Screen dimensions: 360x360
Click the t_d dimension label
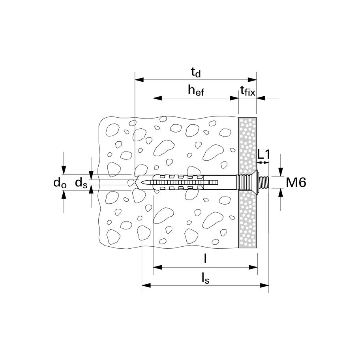(196, 73)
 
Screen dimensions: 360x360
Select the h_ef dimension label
(196, 90)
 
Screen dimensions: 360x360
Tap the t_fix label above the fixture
(247, 91)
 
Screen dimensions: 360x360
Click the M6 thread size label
(296, 182)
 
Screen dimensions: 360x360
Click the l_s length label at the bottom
(206, 279)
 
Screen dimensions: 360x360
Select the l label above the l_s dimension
(205, 259)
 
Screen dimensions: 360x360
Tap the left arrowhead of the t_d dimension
(139, 80)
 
